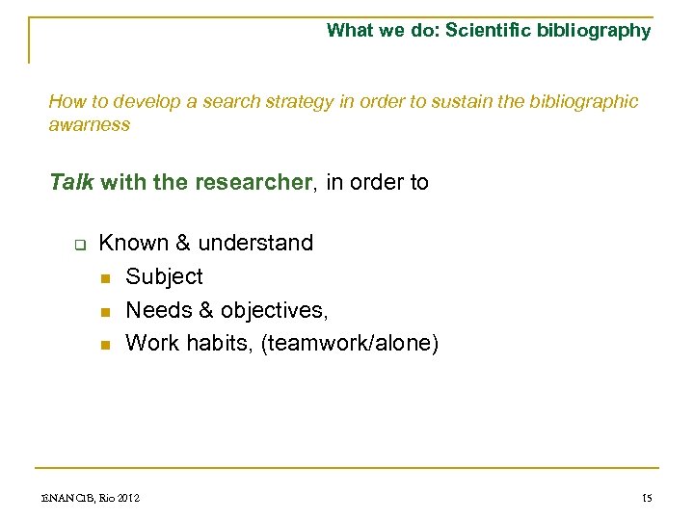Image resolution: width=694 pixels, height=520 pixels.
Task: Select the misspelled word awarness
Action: coord(89,124)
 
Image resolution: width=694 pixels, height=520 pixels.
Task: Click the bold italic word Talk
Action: coord(71,182)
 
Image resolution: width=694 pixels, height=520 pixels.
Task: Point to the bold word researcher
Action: coord(253,182)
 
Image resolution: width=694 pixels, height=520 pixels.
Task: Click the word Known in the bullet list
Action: coord(133,243)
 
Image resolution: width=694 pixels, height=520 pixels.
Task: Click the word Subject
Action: coord(164,276)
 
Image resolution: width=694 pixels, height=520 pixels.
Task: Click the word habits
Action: coord(221,343)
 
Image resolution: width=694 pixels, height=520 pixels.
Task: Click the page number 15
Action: coord(646,498)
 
